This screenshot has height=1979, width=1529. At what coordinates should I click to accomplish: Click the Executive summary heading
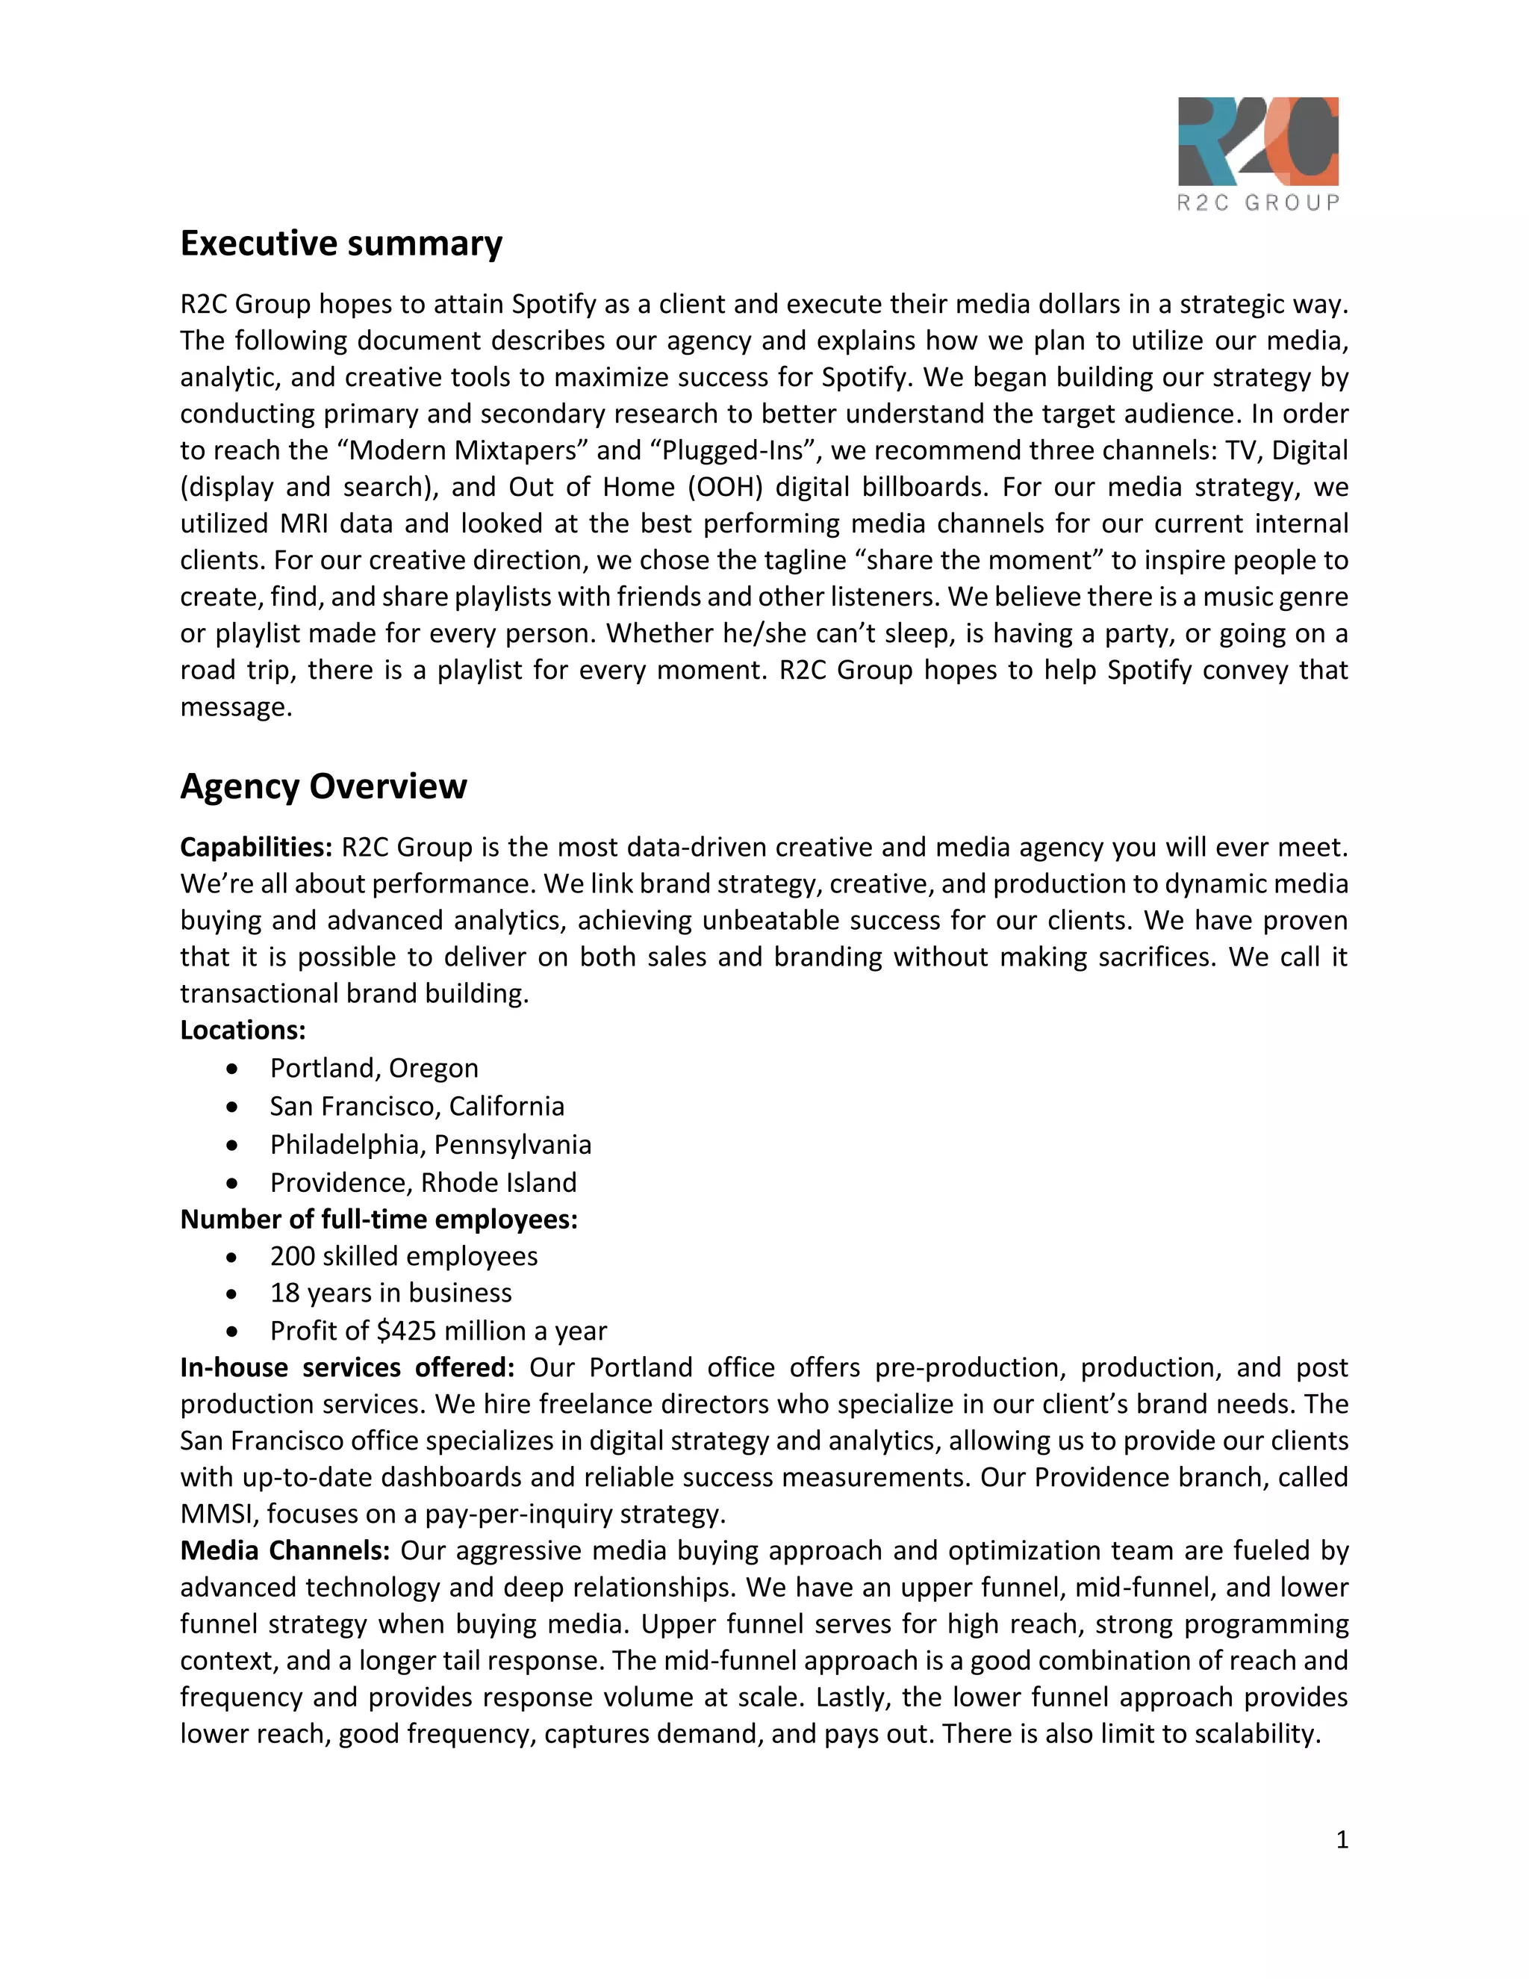(x=340, y=243)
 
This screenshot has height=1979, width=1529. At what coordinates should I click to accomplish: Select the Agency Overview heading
(x=323, y=786)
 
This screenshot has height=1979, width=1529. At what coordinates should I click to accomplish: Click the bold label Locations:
(x=243, y=1031)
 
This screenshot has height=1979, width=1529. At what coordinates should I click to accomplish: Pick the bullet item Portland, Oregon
(x=373, y=1069)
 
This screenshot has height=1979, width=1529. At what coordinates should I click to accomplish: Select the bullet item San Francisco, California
(x=417, y=1107)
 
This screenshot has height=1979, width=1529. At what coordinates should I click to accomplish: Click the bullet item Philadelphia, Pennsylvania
(x=430, y=1144)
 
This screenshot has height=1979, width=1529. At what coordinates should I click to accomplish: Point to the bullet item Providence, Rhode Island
(x=423, y=1182)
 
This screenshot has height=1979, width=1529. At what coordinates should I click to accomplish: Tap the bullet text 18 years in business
(x=390, y=1293)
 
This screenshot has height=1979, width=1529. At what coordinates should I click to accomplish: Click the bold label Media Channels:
(x=284, y=1550)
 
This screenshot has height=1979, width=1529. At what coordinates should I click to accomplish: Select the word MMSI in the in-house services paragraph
(x=218, y=1514)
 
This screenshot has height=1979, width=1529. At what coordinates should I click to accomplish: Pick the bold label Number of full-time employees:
(x=379, y=1220)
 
